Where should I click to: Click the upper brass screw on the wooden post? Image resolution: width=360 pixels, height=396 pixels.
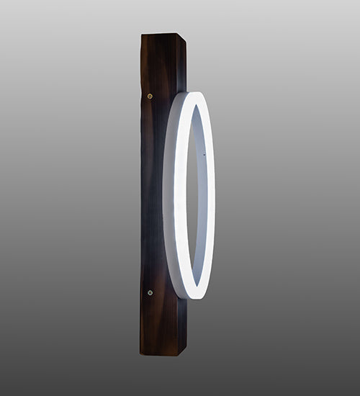(150, 96)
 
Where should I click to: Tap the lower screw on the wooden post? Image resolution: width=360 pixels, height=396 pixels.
(150, 292)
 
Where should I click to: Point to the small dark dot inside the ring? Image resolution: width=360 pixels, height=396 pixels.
(204, 154)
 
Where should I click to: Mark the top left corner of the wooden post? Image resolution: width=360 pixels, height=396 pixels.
(142, 35)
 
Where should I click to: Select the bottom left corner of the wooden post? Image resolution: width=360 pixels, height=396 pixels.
(141, 353)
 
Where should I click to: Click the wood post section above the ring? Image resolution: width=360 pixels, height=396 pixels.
(162, 65)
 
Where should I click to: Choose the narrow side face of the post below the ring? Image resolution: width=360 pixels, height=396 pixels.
(182, 324)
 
